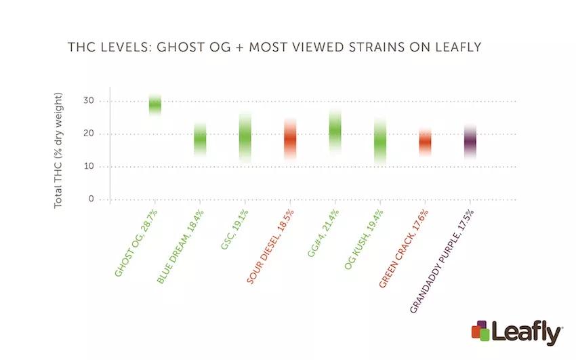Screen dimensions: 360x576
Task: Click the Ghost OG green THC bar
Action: click(155, 104)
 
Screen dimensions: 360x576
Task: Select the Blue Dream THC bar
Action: click(200, 140)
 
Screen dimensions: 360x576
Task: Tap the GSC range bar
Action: click(245, 138)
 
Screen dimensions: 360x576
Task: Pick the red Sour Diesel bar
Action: click(290, 139)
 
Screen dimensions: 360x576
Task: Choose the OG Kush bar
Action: click(380, 141)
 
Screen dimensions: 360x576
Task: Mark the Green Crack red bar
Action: click(425, 142)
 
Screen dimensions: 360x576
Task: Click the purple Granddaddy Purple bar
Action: click(470, 142)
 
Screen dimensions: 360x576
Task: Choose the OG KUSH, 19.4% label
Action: click(359, 241)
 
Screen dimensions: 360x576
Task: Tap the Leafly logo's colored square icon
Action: click(480, 330)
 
